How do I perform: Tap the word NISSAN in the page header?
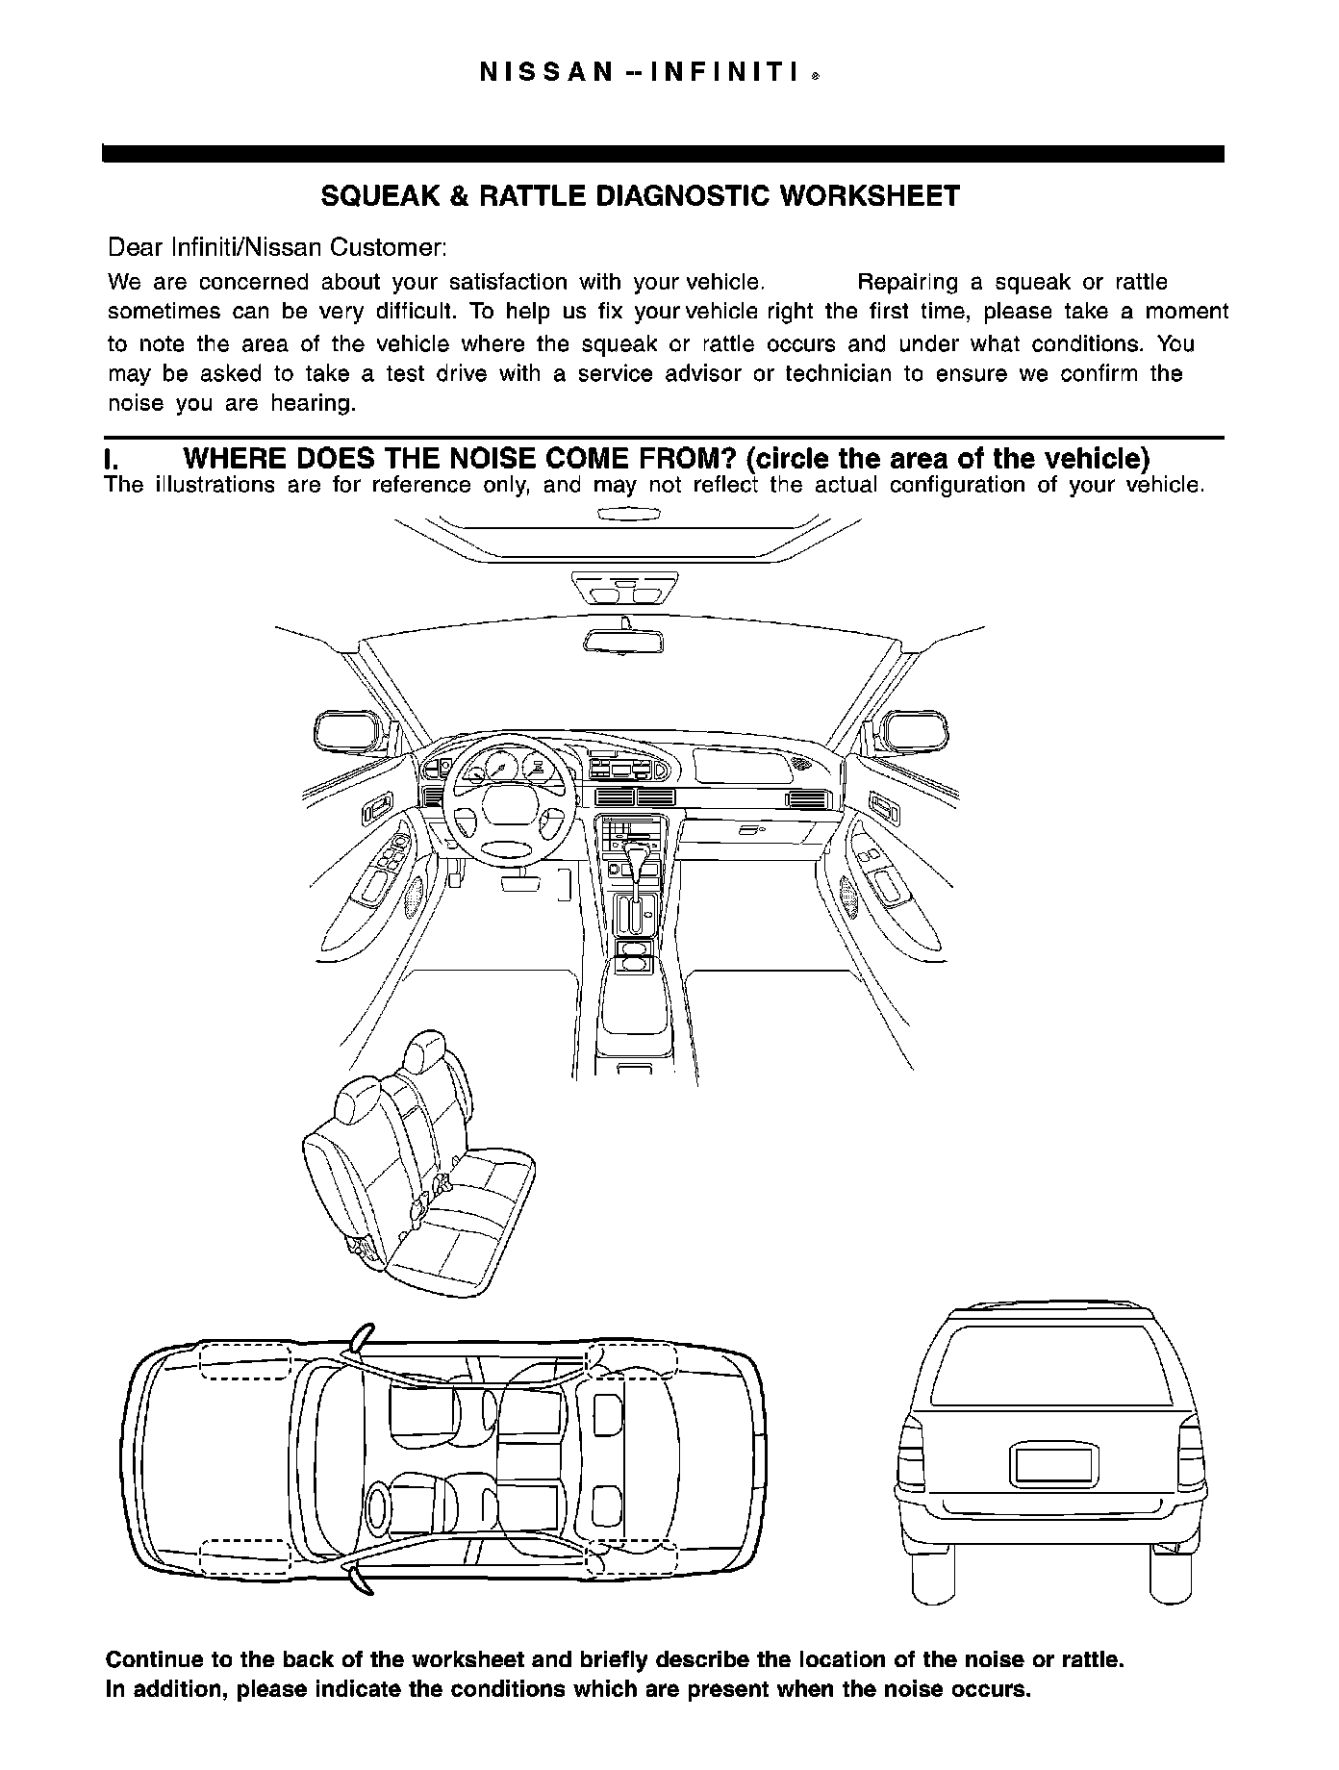[544, 73]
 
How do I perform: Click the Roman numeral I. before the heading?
[111, 459]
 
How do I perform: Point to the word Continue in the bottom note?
[154, 1659]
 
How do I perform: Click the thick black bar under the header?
[663, 154]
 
